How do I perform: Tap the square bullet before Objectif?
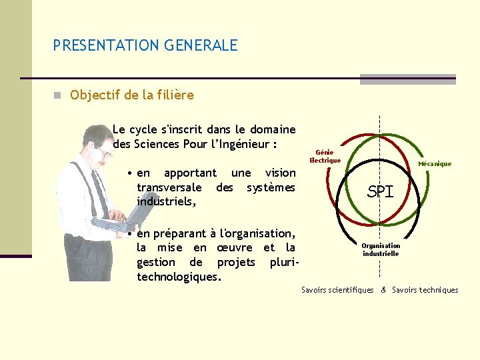tap(59, 95)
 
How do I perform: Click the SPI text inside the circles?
tap(381, 192)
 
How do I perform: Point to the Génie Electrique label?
tap(325, 157)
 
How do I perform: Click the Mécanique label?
tap(435, 163)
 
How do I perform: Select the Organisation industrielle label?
tap(381, 249)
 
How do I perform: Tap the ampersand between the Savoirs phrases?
tap(383, 290)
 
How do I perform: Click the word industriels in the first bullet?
tap(165, 201)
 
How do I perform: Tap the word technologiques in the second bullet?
tap(178, 276)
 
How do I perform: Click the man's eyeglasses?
tap(104, 153)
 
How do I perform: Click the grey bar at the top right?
tap(407, 79)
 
